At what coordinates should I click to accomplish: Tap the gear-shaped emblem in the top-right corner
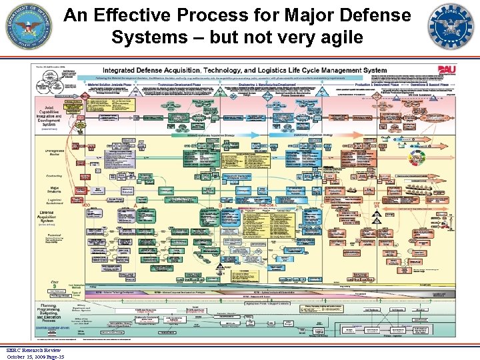click(451, 27)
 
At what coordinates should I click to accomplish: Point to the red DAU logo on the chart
click(446, 69)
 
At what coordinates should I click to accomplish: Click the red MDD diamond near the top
click(86, 95)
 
